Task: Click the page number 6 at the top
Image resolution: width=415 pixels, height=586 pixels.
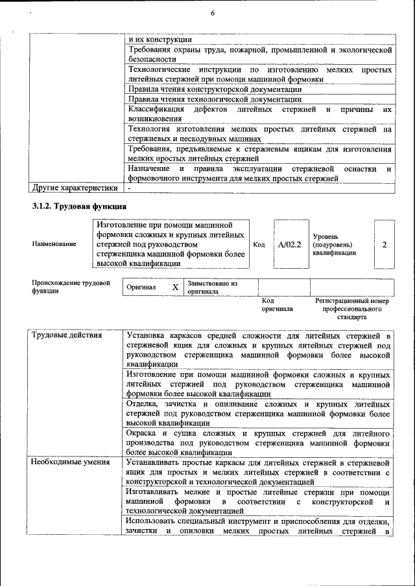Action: [x=212, y=14]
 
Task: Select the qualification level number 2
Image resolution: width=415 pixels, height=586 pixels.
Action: [x=385, y=245]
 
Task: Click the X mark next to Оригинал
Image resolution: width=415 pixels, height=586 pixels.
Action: [x=175, y=287]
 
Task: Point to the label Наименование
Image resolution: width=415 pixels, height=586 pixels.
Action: [x=53, y=244]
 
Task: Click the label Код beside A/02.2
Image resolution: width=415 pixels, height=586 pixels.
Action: [x=259, y=245]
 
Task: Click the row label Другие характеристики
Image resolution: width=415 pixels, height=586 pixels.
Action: [x=75, y=188]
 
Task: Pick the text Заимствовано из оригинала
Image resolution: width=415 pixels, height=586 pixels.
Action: [x=212, y=287]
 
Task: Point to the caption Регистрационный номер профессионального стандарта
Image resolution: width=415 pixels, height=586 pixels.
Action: [x=351, y=309]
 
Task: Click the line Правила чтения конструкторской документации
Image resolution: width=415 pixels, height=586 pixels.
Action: [x=215, y=89]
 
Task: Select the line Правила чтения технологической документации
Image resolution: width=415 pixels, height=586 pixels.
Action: [x=215, y=99]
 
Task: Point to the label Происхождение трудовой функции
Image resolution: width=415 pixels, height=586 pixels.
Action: [x=71, y=287]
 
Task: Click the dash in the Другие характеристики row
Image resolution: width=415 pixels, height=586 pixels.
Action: [x=130, y=188]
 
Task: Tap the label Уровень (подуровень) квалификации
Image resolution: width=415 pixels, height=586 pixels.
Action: [x=334, y=245]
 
